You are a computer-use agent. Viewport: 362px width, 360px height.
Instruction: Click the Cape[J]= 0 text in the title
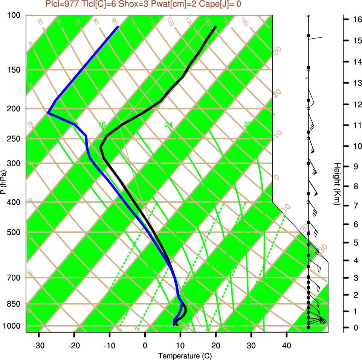[x=222, y=4]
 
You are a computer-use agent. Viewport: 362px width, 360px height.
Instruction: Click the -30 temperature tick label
[x=39, y=345]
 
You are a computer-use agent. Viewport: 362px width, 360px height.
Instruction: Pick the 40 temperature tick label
[x=287, y=345]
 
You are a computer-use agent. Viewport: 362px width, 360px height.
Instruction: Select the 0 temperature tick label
[x=145, y=345]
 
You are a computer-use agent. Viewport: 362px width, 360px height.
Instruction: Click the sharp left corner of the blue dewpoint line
[x=48, y=113]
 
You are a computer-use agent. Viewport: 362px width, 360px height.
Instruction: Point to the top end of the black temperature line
[x=215, y=27]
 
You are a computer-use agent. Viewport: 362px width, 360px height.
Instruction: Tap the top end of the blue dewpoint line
[x=118, y=27]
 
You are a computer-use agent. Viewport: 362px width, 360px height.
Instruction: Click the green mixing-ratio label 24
[x=168, y=125]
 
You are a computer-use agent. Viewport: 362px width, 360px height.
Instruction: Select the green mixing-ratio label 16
[x=102, y=125]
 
